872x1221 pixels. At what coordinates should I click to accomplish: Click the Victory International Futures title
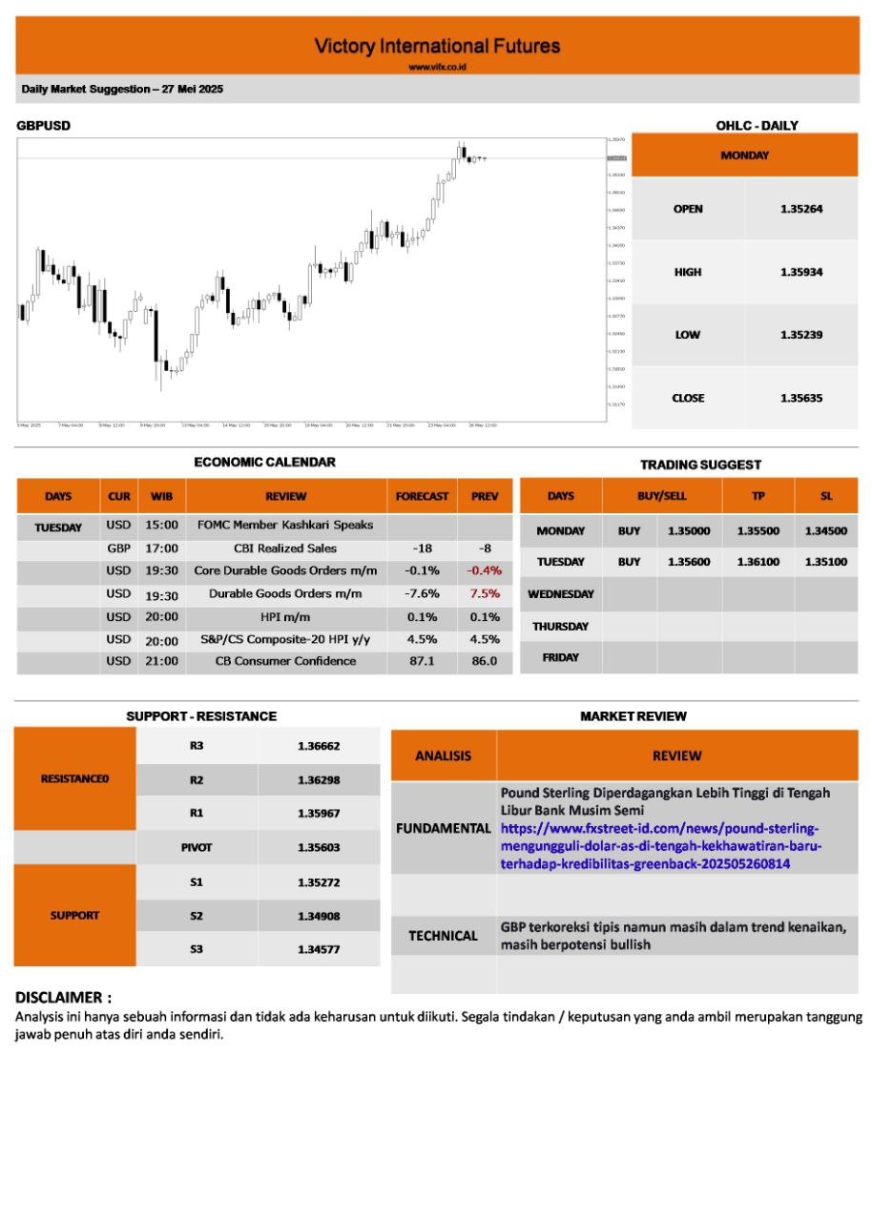[437, 46]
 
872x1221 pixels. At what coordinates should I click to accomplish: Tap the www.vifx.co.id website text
[437, 67]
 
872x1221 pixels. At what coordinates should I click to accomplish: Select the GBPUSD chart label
[43, 125]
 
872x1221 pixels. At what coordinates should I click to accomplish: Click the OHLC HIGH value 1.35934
[801, 272]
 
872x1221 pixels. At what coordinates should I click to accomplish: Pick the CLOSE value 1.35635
[801, 398]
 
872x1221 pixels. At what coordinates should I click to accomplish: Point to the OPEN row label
[688, 209]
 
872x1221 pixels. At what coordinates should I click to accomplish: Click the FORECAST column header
[423, 496]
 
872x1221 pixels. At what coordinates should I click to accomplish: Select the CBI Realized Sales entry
[285, 548]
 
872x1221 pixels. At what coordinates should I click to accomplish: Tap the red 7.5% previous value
[485, 593]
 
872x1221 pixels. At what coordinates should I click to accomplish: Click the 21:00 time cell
[162, 661]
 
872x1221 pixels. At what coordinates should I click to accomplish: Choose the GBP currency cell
[118, 548]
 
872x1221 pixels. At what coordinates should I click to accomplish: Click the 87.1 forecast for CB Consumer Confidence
[422, 661]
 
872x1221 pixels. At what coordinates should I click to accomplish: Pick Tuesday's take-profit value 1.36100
[758, 562]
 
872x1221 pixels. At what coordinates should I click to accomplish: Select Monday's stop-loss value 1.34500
[826, 530]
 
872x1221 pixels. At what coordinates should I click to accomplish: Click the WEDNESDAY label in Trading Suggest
[561, 594]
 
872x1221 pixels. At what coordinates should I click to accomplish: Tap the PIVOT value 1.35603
[319, 847]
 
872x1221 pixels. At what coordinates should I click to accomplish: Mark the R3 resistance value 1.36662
[319, 746]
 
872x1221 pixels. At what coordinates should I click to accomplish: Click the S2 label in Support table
[197, 916]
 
